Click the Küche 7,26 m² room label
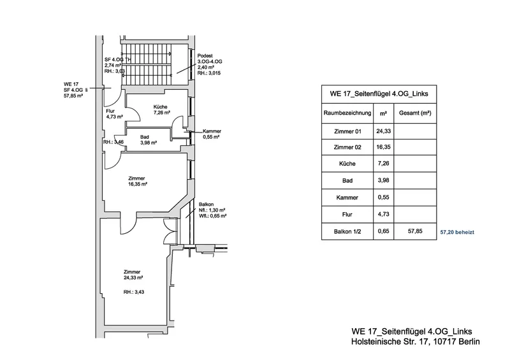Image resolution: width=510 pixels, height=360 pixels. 162,110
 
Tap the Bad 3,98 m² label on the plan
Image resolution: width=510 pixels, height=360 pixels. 149,140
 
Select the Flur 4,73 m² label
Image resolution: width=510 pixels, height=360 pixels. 114,114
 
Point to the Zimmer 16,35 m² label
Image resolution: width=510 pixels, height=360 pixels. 138,181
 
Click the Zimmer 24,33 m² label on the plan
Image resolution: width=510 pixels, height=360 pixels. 133,275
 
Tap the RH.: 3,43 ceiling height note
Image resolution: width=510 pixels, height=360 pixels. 134,292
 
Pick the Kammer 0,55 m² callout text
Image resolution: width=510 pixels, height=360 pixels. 212,134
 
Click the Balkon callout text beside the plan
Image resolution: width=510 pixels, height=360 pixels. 212,210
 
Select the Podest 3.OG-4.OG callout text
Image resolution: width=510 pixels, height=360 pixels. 210,64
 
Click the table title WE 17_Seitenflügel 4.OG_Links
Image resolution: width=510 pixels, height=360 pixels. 379,94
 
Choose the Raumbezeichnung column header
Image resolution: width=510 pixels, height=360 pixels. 347,113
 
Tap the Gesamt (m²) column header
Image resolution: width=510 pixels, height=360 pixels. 415,113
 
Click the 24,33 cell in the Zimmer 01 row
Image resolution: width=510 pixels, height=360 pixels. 384,131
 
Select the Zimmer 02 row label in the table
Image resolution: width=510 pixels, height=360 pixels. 347,147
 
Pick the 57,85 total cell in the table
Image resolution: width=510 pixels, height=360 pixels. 415,231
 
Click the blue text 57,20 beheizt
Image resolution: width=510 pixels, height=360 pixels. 457,232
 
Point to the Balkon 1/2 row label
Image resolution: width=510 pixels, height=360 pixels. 347,231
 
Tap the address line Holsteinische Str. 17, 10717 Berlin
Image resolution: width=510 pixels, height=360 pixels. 416,342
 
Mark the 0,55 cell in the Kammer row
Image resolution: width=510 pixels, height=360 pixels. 384,197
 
